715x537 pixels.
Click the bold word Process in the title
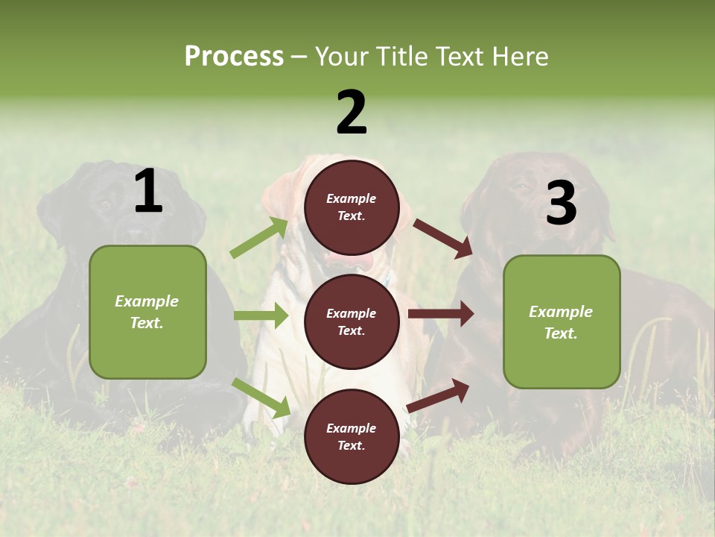coord(234,56)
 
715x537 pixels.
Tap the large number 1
coord(148,192)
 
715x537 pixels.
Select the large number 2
coord(352,112)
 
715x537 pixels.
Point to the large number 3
coord(561,203)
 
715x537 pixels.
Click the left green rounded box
coord(147,312)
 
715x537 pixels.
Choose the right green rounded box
coord(562,321)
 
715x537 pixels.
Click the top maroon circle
coord(352,207)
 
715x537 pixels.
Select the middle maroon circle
coord(352,321)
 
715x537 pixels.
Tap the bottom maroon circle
coord(352,436)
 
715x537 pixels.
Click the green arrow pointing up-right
coord(259,238)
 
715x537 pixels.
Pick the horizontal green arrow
coord(261,315)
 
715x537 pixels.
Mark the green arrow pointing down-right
coord(261,398)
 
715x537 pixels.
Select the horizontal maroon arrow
coord(440,314)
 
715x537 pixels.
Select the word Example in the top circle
coord(352,198)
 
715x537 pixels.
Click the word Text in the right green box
coord(559,333)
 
